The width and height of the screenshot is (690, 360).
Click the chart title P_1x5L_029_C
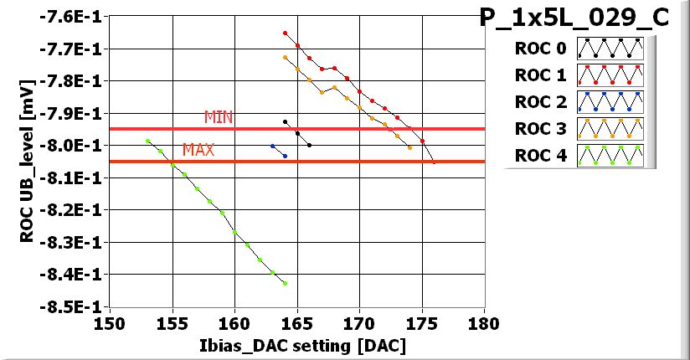[574, 18]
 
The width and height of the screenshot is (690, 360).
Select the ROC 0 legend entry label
[539, 49]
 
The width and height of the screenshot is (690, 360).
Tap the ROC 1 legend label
[539, 75]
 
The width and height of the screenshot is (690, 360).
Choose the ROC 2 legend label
[539, 102]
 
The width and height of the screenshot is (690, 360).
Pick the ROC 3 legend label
[539, 129]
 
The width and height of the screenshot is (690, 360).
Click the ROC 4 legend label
[539, 156]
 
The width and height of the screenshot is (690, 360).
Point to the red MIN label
[219, 117]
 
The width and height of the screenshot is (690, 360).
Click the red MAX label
[198, 151]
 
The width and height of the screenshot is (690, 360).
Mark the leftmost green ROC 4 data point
[147, 141]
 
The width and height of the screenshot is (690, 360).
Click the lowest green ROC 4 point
[285, 283]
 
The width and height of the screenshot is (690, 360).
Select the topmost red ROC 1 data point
[285, 33]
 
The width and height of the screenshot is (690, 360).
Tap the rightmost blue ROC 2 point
[285, 156]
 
